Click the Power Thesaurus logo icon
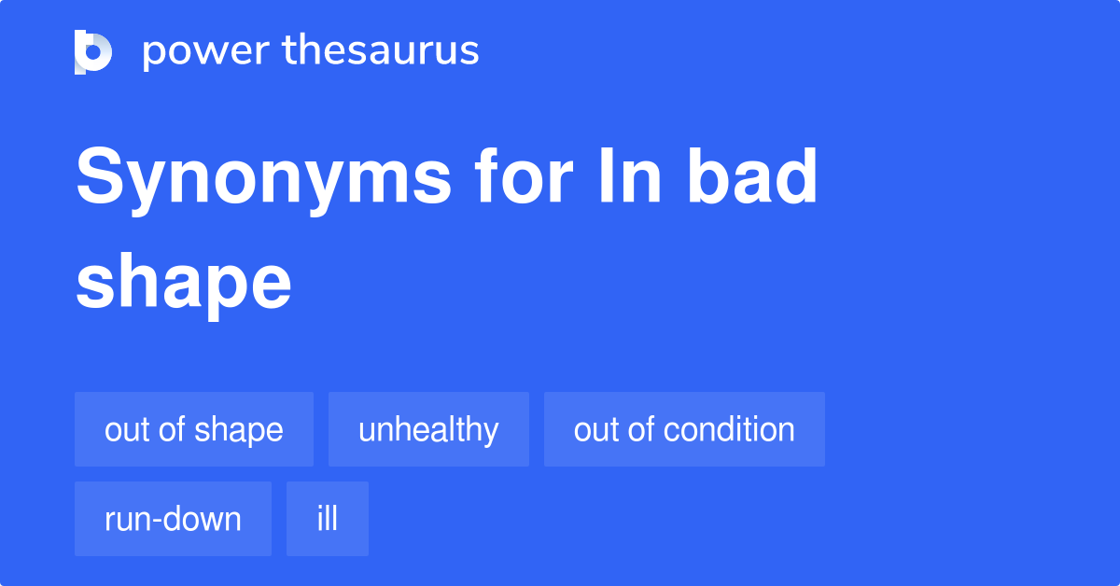(x=93, y=51)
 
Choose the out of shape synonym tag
(x=194, y=429)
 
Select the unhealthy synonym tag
(x=428, y=429)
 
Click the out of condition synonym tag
(x=684, y=429)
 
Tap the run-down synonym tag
(x=173, y=519)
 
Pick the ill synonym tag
(x=328, y=519)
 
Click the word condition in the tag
(x=729, y=429)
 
